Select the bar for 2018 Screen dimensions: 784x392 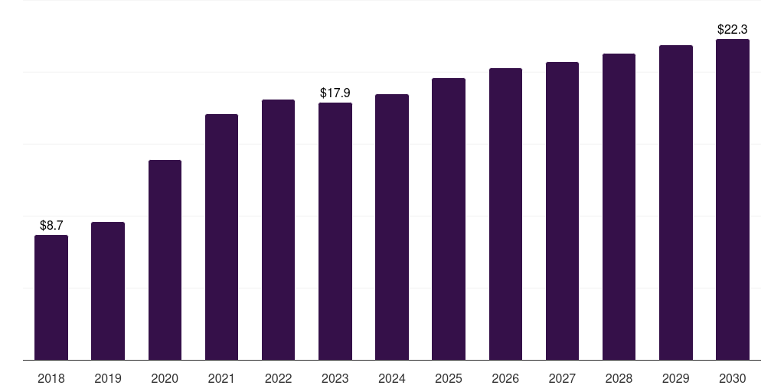tap(51, 298)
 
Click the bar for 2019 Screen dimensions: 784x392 tap(107, 291)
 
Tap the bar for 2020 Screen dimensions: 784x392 tap(165, 260)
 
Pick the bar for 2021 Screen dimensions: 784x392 tap(221, 237)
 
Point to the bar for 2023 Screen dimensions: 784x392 tap(335, 231)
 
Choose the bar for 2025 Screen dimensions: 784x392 tap(449, 219)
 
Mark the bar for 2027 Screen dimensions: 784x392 tap(562, 211)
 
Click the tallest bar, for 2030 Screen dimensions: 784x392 tap(733, 200)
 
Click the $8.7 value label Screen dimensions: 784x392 tap(51, 226)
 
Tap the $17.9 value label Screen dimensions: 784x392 tap(335, 93)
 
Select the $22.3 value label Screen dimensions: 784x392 tap(733, 30)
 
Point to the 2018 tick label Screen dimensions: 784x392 tap(51, 378)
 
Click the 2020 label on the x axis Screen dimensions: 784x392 tap(165, 378)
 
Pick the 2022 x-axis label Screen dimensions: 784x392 tap(278, 378)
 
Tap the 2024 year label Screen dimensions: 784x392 tap(391, 378)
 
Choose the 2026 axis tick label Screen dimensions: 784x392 tap(505, 378)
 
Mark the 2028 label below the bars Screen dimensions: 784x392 tap(619, 378)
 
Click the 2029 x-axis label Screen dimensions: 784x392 tap(675, 378)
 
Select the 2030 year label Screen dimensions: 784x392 tap(733, 378)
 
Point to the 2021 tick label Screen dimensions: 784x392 tap(221, 378)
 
